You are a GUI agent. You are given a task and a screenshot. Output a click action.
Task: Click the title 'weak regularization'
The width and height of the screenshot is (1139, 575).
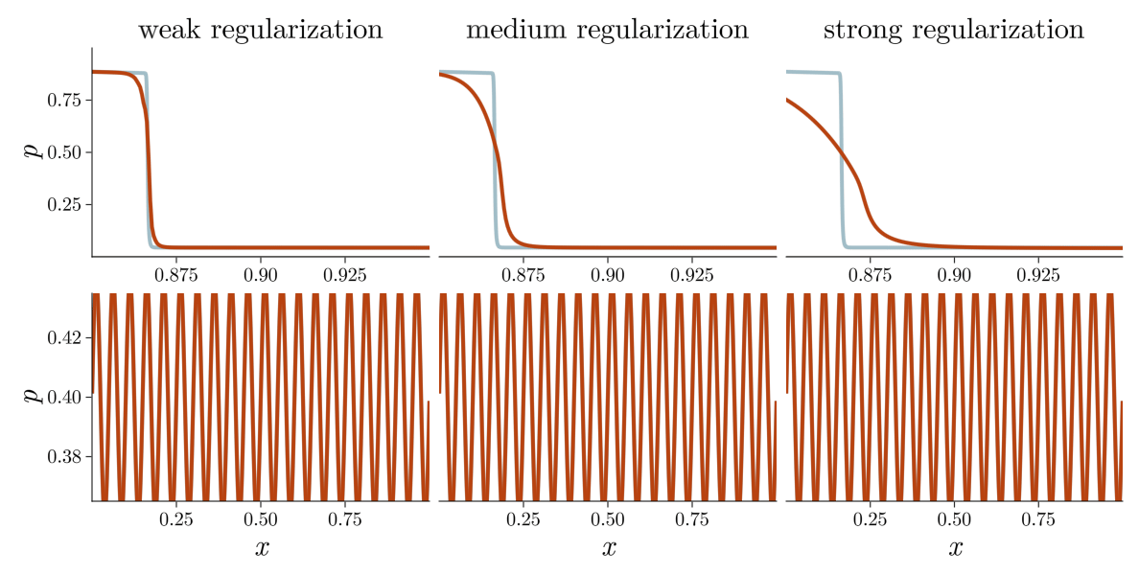pyautogui.click(x=260, y=31)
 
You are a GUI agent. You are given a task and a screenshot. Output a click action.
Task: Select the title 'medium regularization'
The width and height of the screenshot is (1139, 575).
pyautogui.click(x=607, y=31)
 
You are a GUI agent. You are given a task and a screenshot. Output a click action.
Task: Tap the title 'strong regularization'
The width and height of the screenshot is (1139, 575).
pyautogui.click(x=954, y=31)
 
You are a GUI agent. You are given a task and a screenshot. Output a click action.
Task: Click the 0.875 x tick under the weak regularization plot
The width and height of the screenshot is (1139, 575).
pyautogui.click(x=175, y=276)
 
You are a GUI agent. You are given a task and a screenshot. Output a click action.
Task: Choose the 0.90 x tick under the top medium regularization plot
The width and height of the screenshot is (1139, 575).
pyautogui.click(x=607, y=276)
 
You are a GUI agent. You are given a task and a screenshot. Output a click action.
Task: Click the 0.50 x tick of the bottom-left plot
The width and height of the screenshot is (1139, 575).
pyautogui.click(x=260, y=520)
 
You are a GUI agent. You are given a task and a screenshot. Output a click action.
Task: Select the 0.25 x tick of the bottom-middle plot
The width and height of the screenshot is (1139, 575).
pyautogui.click(x=523, y=520)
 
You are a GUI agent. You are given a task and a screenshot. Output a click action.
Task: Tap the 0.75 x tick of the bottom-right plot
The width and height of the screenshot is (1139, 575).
pyautogui.click(x=1038, y=520)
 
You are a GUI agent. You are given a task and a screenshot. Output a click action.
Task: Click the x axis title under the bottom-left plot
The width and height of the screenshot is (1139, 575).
pyautogui.click(x=262, y=548)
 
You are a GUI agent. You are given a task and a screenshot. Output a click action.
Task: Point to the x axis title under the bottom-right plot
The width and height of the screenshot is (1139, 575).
pyautogui.click(x=955, y=548)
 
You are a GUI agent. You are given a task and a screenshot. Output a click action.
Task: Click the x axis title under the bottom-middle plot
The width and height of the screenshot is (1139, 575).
pyautogui.click(x=609, y=548)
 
